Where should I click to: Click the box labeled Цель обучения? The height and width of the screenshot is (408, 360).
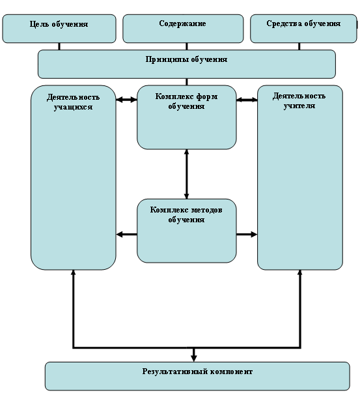point(59,29)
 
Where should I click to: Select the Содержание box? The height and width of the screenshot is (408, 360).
point(183,29)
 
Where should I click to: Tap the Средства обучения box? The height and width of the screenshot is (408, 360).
point(303,29)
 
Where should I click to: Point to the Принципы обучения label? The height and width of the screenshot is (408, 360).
point(186,59)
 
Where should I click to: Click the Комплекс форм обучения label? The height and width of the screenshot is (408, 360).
point(186,101)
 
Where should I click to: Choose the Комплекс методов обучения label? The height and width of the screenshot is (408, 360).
point(186,214)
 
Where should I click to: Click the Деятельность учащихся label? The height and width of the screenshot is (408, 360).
point(73,102)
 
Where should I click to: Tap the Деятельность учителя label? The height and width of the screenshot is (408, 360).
point(299,101)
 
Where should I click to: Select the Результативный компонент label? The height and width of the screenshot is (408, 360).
point(197,372)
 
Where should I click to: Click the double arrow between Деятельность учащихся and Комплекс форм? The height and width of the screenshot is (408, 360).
point(126,100)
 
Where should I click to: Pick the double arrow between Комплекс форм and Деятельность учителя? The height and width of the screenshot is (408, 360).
point(247,100)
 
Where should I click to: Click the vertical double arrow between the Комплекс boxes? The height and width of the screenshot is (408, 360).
point(186,174)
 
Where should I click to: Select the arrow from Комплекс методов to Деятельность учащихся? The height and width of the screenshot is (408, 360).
point(126,235)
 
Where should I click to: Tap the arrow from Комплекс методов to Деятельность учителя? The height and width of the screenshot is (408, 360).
point(247,235)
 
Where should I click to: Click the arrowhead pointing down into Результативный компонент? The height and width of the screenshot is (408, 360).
point(193,358)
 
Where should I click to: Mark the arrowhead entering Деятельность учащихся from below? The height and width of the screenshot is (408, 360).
point(74,272)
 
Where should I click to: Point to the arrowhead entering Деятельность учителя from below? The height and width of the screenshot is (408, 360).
point(299,272)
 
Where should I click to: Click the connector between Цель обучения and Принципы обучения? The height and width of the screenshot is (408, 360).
point(59,46)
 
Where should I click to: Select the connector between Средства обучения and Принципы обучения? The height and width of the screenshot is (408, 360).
point(299,46)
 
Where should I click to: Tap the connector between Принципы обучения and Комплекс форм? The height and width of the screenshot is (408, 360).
point(187,81)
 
